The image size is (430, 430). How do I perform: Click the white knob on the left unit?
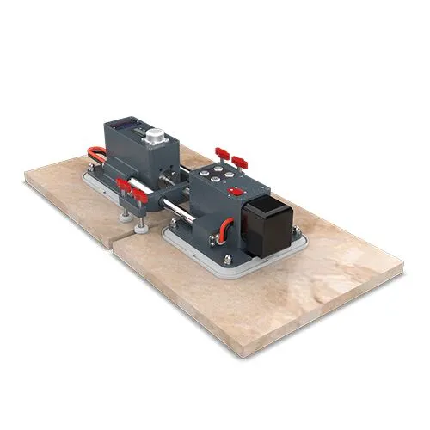point(156,137)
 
